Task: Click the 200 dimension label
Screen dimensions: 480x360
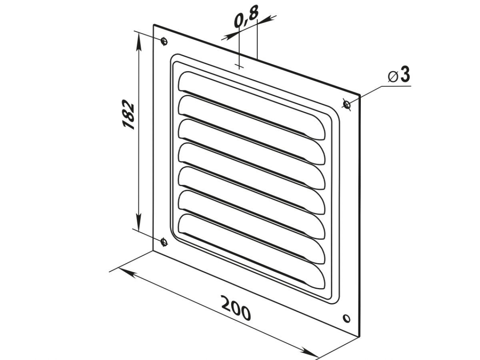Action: pos(236,308)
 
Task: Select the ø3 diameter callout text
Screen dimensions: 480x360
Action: pos(399,75)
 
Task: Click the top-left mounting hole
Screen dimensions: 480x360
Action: pos(164,41)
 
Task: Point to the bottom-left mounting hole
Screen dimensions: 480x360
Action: pos(164,242)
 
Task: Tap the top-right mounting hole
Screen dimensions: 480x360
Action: pos(347,104)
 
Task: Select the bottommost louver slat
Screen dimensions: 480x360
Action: pos(252,251)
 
